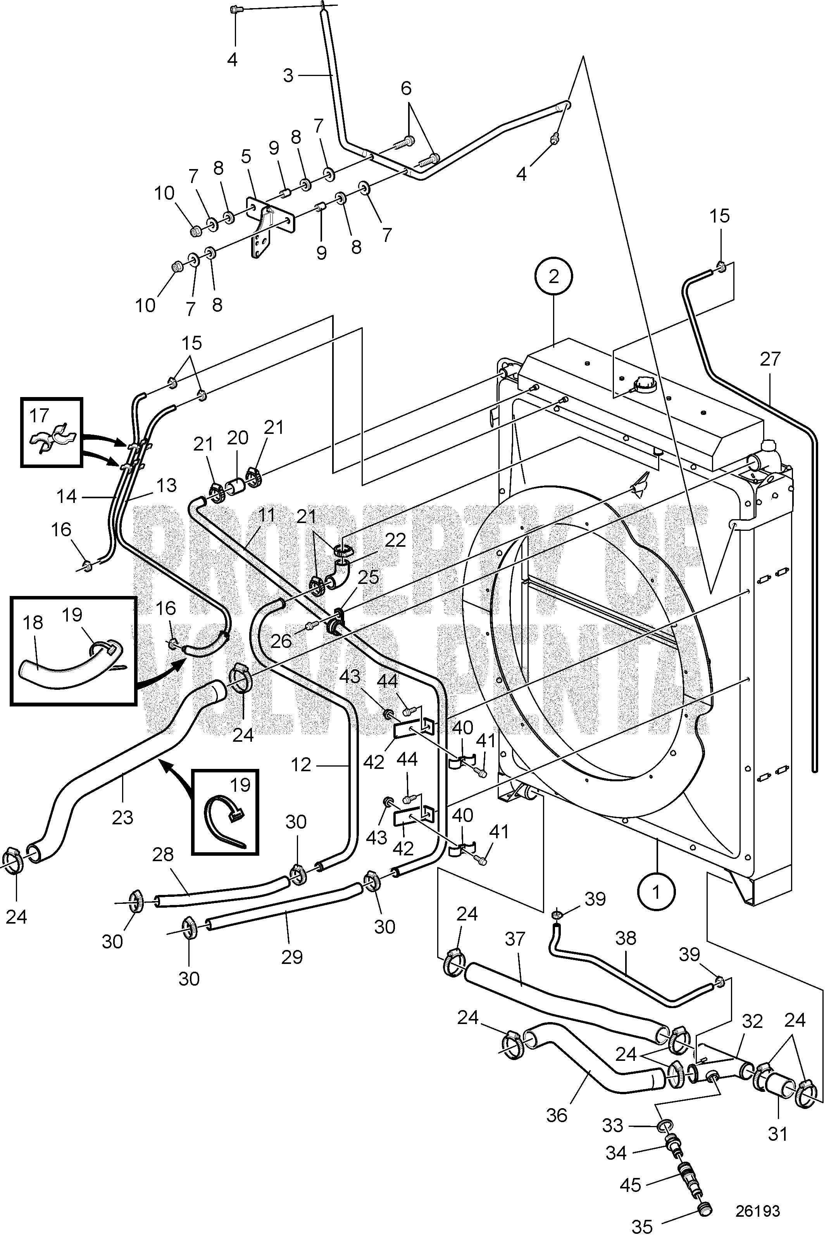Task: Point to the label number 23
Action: [122, 817]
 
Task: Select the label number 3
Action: [288, 76]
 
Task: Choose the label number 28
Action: [163, 855]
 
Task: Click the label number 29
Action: [292, 957]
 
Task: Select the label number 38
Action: [626, 938]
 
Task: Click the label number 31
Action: [778, 1133]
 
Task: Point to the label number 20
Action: [238, 438]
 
